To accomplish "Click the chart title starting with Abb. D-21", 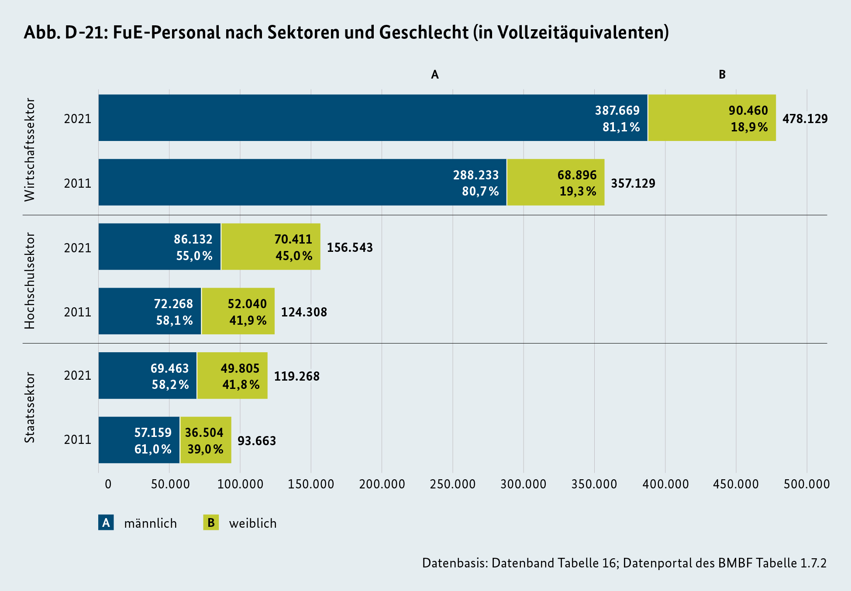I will click(346, 33).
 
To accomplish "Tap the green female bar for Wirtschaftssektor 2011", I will click(555, 182).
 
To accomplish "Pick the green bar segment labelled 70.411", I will click(271, 247).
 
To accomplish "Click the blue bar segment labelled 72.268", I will click(150, 311).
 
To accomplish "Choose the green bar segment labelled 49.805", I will click(232, 376).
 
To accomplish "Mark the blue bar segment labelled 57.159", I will click(139, 440).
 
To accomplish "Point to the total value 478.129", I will click(805, 119).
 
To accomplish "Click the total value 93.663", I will click(257, 441).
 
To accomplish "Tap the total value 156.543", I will click(350, 247).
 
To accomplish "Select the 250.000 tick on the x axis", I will click(453, 484).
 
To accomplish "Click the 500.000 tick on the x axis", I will click(806, 484).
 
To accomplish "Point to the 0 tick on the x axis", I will click(108, 484).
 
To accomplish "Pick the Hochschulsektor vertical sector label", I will click(30, 280).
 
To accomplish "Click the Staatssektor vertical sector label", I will click(30, 407).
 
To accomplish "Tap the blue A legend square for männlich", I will click(106, 522).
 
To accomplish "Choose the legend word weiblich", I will click(253, 523).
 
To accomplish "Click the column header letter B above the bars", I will click(722, 75).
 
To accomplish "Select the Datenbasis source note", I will click(624, 563).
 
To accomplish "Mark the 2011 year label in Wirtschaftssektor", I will click(78, 183).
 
